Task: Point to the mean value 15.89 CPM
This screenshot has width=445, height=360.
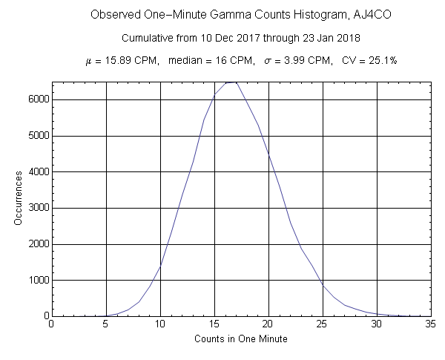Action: click(x=132, y=60)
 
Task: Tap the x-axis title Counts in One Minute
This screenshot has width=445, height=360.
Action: click(x=240, y=338)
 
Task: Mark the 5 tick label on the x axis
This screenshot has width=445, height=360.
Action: click(x=105, y=324)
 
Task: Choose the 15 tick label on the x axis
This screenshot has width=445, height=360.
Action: click(x=214, y=324)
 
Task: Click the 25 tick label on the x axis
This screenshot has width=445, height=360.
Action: click(x=322, y=324)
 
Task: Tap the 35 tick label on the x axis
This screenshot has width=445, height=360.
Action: click(x=430, y=324)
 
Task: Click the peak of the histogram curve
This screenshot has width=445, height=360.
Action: click(x=232, y=82)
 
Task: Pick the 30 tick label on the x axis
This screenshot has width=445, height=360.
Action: click(x=376, y=324)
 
